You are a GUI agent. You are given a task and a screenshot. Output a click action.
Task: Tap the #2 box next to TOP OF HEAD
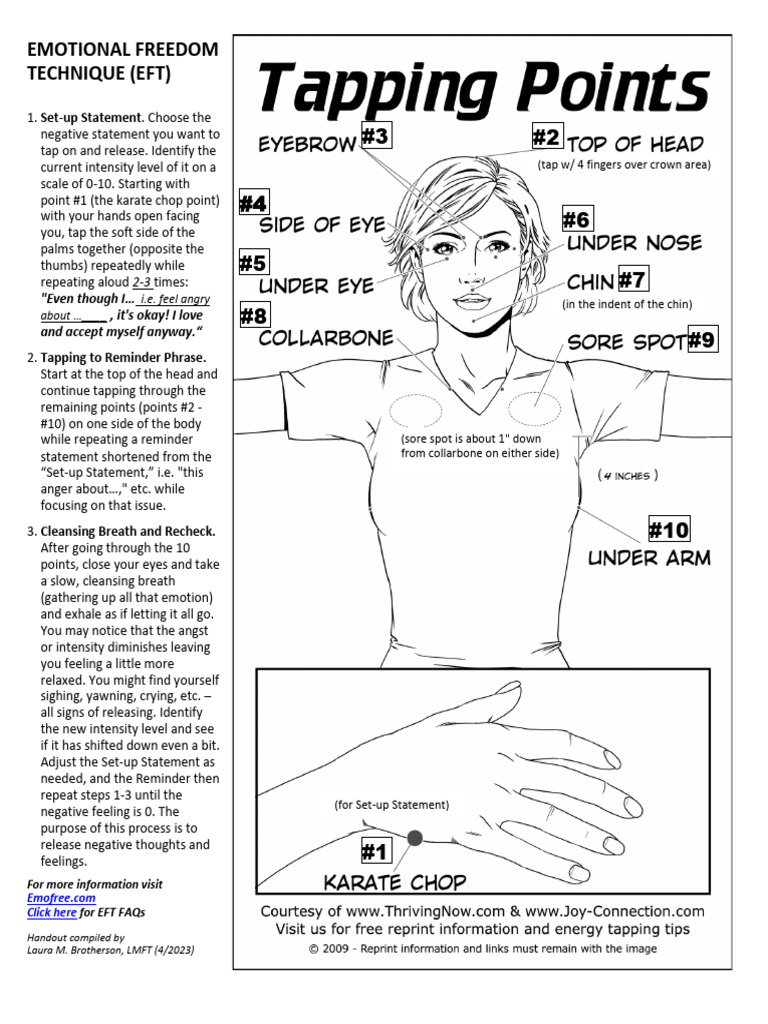pyautogui.click(x=546, y=137)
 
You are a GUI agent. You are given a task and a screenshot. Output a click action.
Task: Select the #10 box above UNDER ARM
pyautogui.click(x=669, y=529)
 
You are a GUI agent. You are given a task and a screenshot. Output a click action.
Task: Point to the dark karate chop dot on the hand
pyautogui.click(x=414, y=838)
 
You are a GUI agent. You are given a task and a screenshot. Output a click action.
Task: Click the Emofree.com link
pyautogui.click(x=54, y=898)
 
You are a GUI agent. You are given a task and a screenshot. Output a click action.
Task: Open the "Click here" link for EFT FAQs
pyautogui.click(x=51, y=912)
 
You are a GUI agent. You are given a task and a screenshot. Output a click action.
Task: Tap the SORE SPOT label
pyautogui.click(x=626, y=343)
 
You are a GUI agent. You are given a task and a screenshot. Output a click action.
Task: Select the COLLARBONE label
pyautogui.click(x=326, y=338)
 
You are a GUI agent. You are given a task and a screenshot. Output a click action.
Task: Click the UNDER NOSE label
pyautogui.click(x=634, y=243)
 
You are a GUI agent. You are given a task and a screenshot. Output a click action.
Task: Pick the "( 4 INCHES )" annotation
pyautogui.click(x=628, y=476)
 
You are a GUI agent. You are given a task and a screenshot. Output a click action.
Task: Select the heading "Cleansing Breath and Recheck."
pyautogui.click(x=128, y=531)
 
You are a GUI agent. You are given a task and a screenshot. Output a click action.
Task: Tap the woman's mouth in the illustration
pyautogui.click(x=474, y=300)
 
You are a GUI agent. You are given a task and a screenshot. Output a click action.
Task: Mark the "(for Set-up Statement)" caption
pyautogui.click(x=392, y=805)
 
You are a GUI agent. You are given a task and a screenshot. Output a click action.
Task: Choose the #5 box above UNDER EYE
pyautogui.click(x=253, y=264)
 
